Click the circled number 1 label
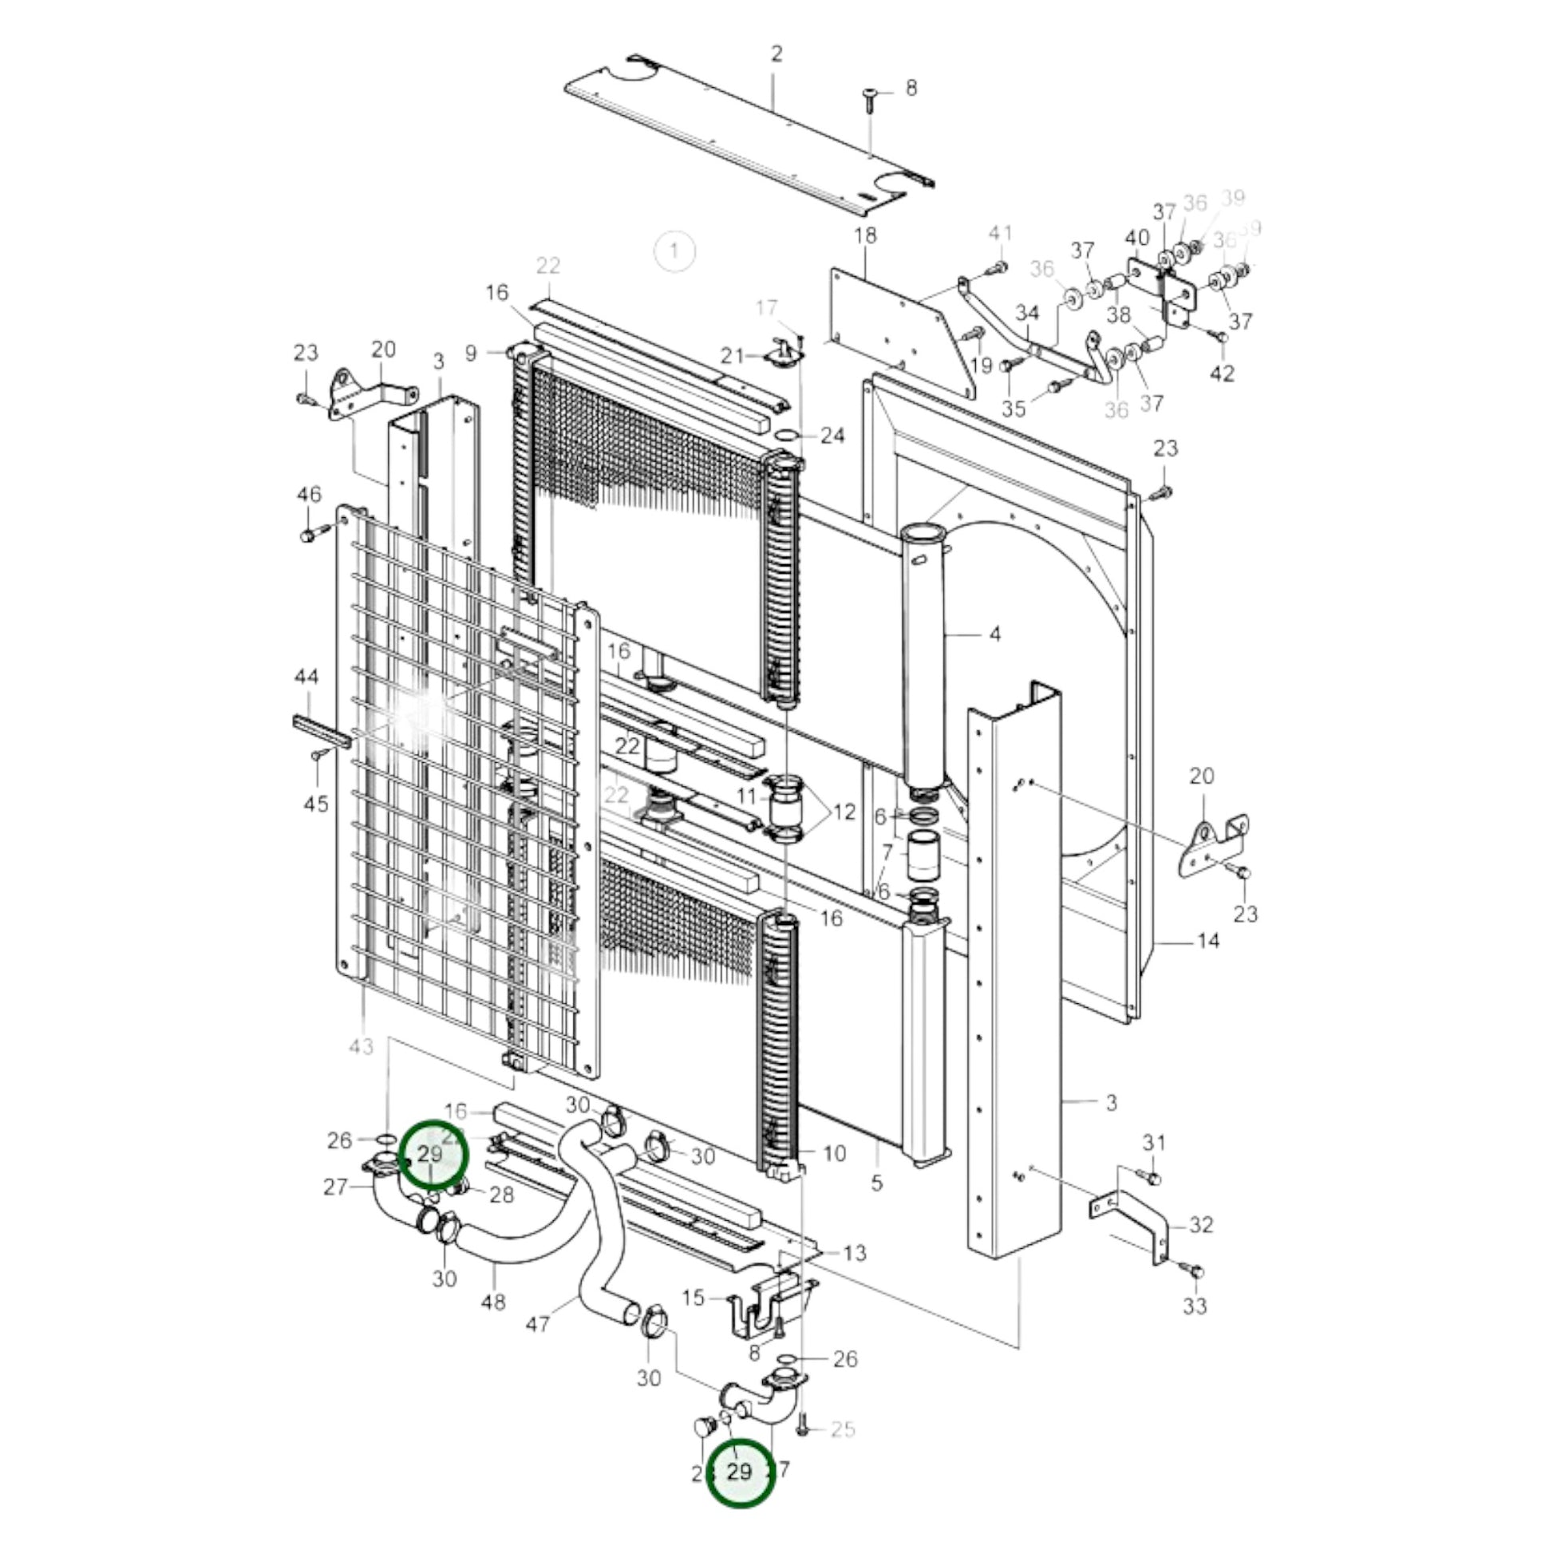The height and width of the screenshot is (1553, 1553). [x=674, y=251]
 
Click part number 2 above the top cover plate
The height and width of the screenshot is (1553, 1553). [x=776, y=54]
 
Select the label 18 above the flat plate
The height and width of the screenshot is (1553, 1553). [x=865, y=236]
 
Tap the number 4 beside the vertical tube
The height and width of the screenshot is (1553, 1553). [x=995, y=634]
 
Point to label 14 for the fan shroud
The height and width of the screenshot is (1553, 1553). [x=1208, y=939]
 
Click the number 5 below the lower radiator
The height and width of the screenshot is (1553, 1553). [x=876, y=1183]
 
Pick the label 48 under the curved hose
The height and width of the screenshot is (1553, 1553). [x=492, y=1302]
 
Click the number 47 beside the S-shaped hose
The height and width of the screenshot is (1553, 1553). [x=537, y=1324]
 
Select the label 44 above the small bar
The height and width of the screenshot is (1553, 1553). [x=306, y=678]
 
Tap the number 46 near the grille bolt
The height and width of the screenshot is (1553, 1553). [x=310, y=494]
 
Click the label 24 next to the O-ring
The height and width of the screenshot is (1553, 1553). [x=833, y=436]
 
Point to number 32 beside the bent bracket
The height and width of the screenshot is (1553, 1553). [x=1201, y=1225]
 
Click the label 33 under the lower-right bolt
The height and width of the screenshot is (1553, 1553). [x=1195, y=1306]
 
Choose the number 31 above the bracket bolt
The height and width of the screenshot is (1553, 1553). [x=1153, y=1142]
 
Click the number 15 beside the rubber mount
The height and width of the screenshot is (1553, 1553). [x=693, y=1298]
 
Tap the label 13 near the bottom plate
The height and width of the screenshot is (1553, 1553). [x=855, y=1252]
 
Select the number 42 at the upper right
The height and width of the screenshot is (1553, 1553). [x=1222, y=373]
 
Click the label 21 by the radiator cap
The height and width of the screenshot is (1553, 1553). [x=733, y=355]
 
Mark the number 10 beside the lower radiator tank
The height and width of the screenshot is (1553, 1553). [x=835, y=1153]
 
